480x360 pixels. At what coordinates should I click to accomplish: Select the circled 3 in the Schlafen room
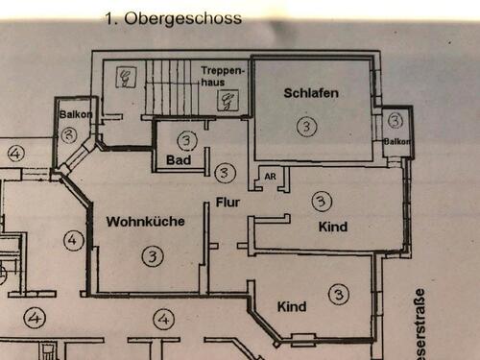(305, 126)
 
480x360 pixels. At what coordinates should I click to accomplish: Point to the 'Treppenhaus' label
(225, 76)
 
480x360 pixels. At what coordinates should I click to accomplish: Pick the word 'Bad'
(176, 158)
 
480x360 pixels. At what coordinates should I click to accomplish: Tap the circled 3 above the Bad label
(187, 139)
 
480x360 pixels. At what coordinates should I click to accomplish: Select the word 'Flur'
(228, 204)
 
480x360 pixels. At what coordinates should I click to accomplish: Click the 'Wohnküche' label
(145, 221)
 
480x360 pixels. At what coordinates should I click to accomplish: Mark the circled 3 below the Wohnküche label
(152, 255)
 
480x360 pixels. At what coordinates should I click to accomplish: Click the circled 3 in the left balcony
(68, 135)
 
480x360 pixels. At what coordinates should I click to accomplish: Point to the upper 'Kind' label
(332, 227)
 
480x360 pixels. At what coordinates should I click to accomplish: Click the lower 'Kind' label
(291, 306)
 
